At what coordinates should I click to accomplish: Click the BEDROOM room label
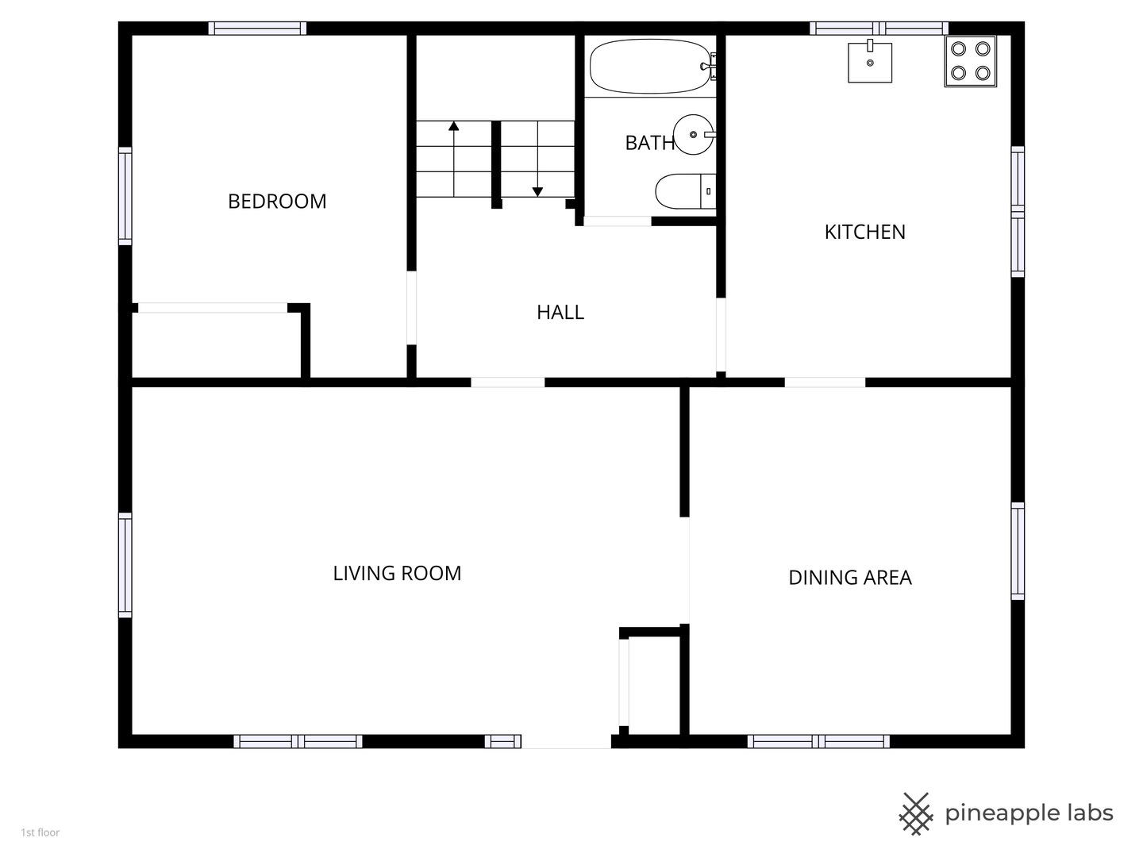[277, 202]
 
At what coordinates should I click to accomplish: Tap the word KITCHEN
[865, 232]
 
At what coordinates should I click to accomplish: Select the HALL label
[560, 312]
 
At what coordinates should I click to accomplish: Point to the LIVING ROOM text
[398, 574]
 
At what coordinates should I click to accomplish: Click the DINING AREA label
[850, 578]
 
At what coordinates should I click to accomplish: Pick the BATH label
[650, 143]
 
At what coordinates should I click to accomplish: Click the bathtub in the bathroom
[651, 67]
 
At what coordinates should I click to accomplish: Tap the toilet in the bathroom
[685, 191]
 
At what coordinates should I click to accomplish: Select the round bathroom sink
[694, 135]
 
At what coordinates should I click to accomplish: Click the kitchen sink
[870, 62]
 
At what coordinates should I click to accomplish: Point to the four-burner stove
[971, 61]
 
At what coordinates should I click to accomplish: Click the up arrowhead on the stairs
[454, 126]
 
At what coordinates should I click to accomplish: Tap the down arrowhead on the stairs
[537, 192]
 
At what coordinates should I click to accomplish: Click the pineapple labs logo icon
[916, 814]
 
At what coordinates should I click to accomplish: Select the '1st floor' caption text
[40, 832]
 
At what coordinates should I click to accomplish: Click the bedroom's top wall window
[257, 28]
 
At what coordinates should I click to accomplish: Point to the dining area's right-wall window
[1018, 551]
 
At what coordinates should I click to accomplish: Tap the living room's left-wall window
[125, 565]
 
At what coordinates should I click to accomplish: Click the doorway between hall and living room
[508, 382]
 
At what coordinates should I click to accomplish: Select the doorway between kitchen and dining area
[825, 382]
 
